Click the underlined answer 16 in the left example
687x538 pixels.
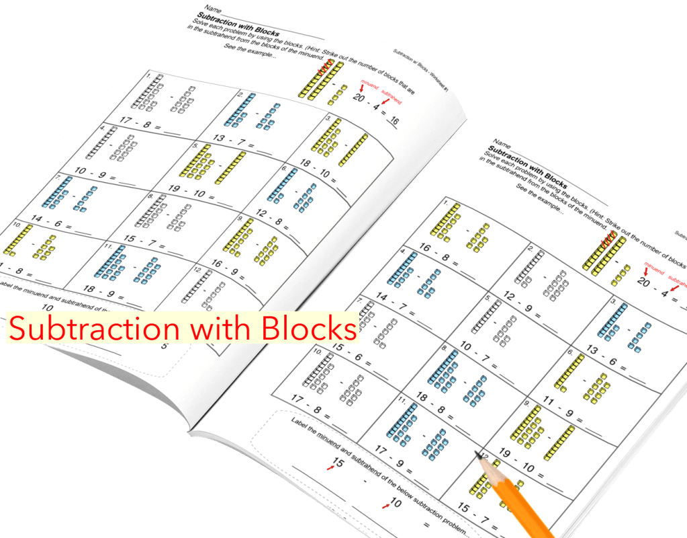coord(392,122)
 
